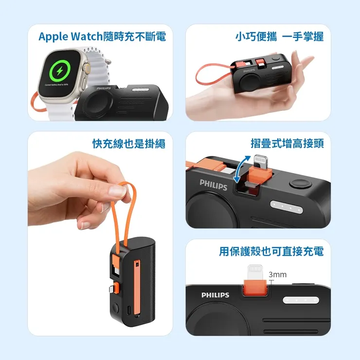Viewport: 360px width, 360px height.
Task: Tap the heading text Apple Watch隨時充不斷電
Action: coord(102,36)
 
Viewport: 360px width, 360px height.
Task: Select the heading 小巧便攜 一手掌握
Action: coord(279,36)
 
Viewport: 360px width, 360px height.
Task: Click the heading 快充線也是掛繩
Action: coord(129,144)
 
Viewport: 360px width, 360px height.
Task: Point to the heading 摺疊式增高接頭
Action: coord(287,144)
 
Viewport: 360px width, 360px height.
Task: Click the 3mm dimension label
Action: coord(277,275)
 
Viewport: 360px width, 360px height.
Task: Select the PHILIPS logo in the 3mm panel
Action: coord(215,295)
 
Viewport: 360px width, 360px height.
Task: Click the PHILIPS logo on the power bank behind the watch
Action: coord(104,89)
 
